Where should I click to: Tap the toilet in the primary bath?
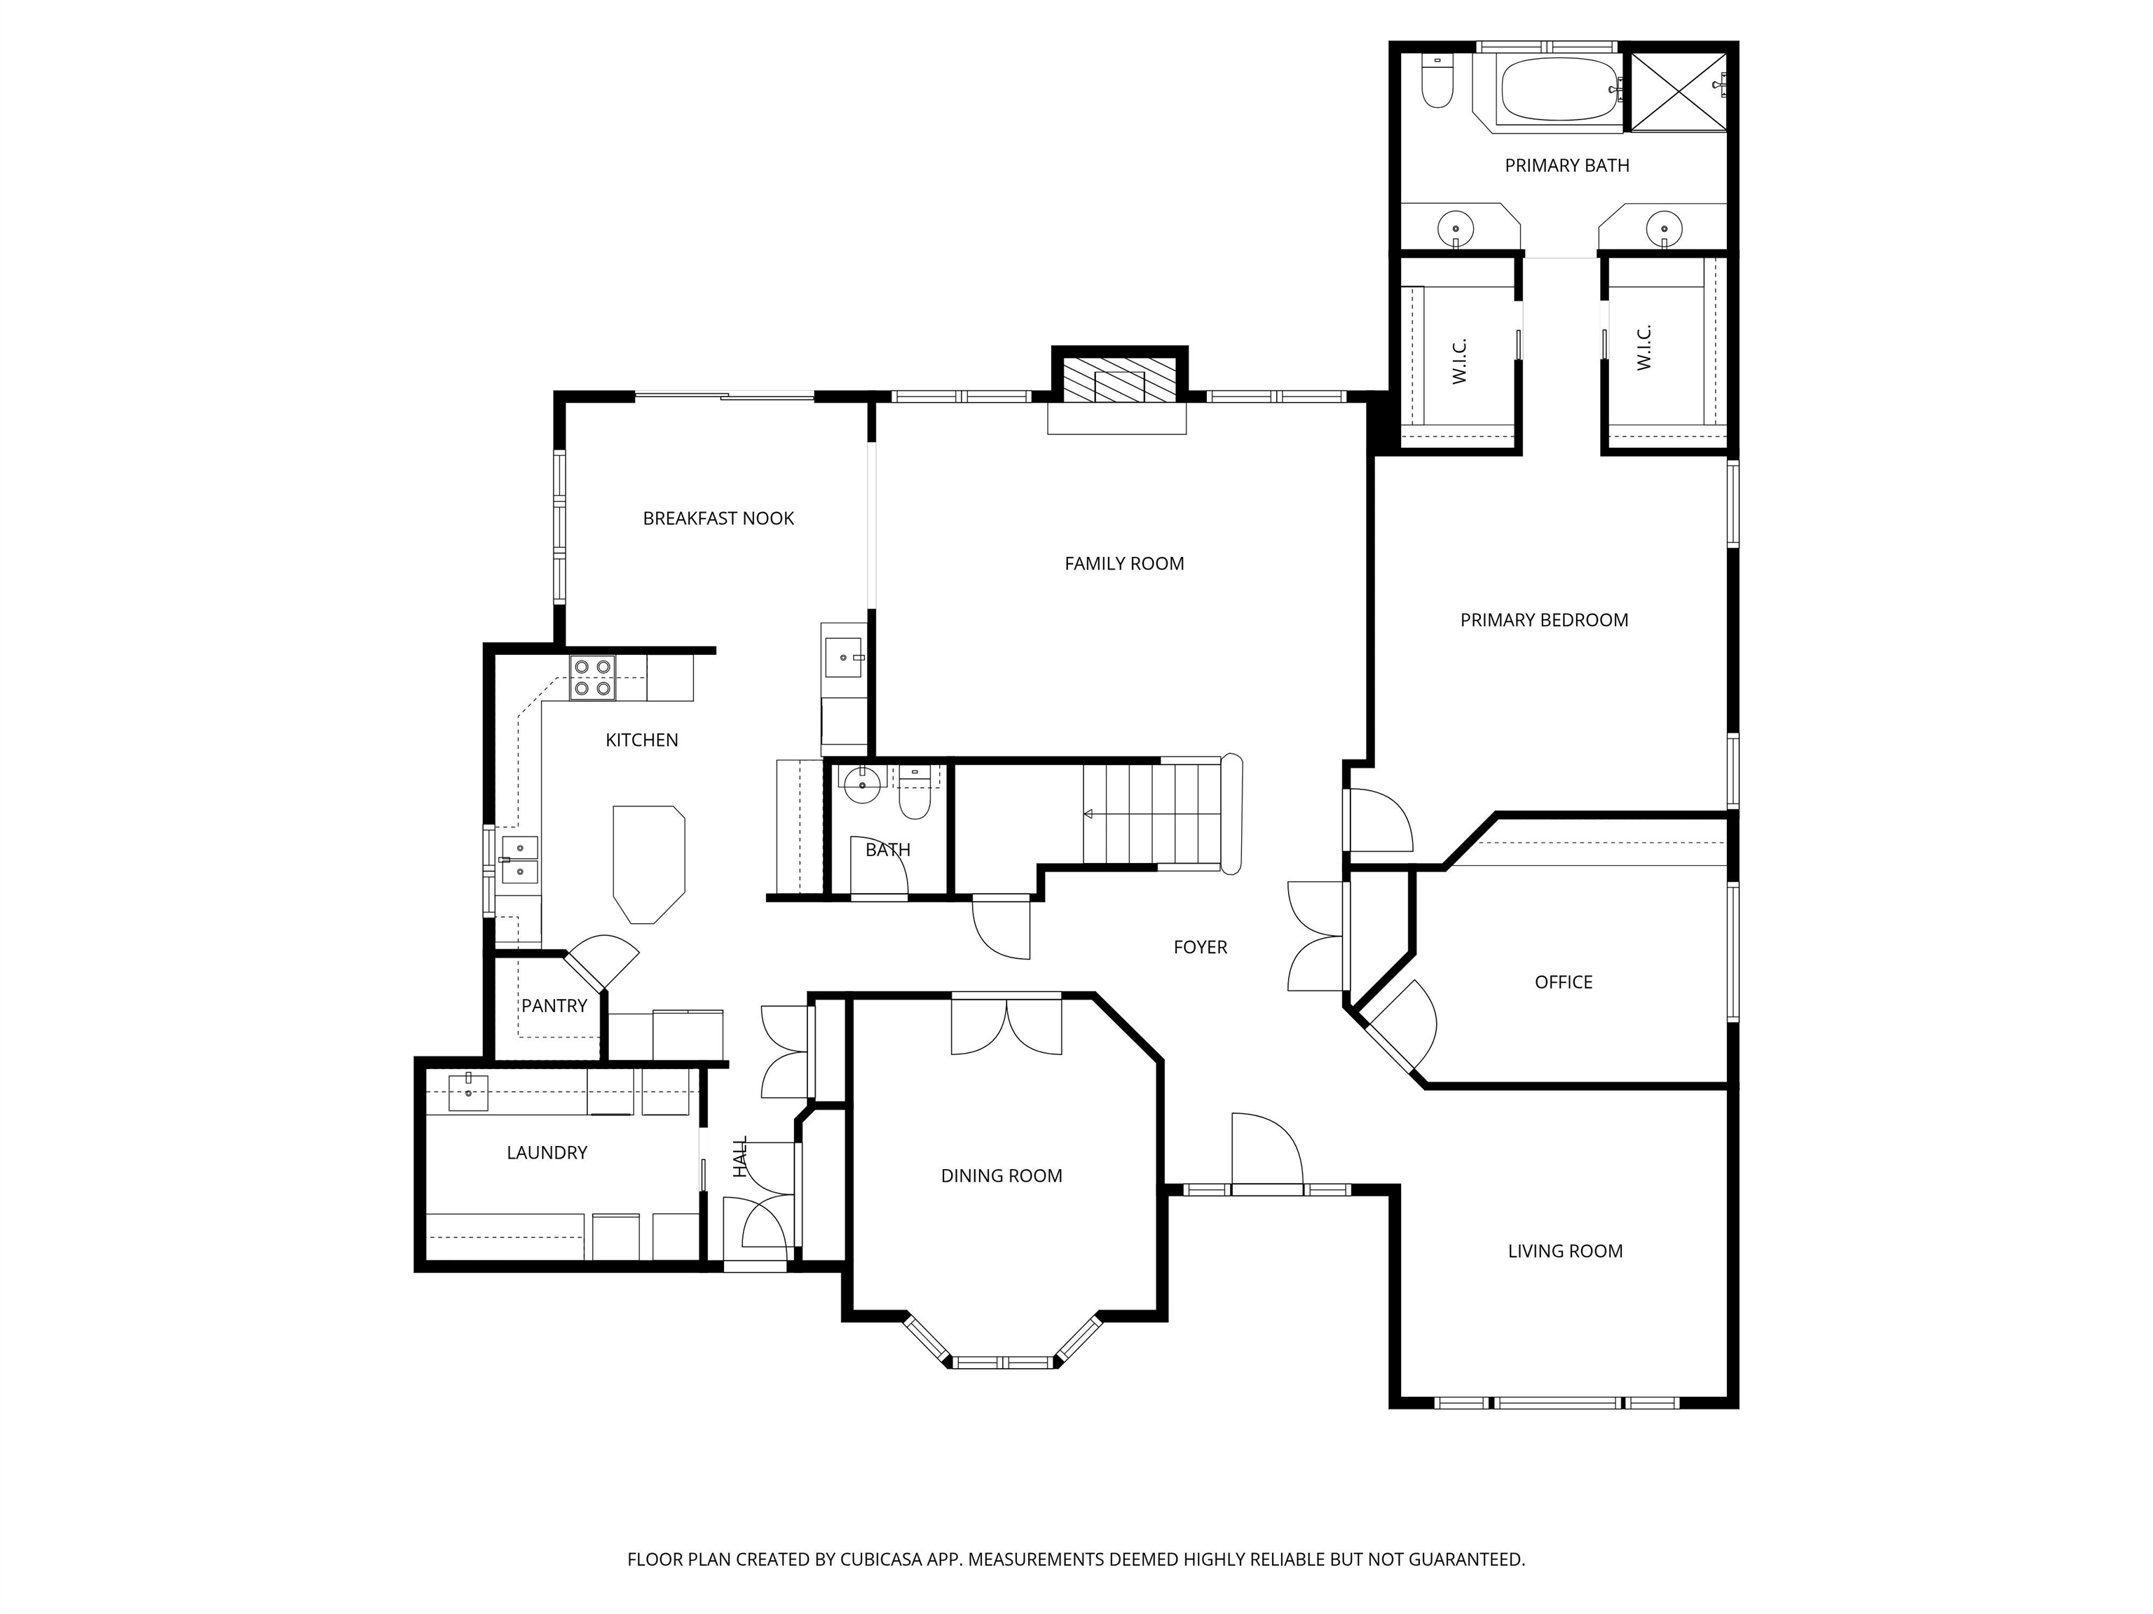[x=1437, y=80]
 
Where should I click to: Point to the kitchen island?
[x=648, y=864]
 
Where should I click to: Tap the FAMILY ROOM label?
[x=1124, y=563]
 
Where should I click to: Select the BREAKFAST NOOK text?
[x=718, y=518]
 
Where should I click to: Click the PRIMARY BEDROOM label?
[x=1544, y=620]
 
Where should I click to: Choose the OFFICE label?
[x=1563, y=983]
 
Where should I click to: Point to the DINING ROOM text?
[x=1002, y=1176]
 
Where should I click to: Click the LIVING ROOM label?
[x=1565, y=1252]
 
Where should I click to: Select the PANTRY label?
[x=554, y=1006]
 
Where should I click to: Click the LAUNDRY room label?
[x=547, y=1153]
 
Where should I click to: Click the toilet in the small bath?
[x=915, y=792]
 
